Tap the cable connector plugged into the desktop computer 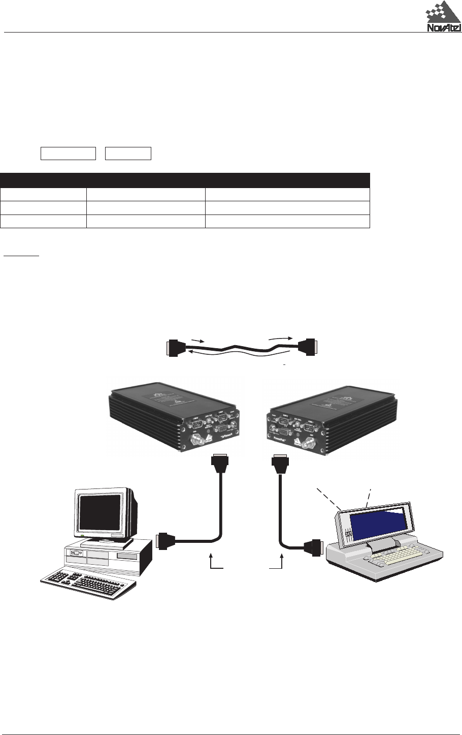tap(166, 541)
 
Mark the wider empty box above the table tap(68, 153)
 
